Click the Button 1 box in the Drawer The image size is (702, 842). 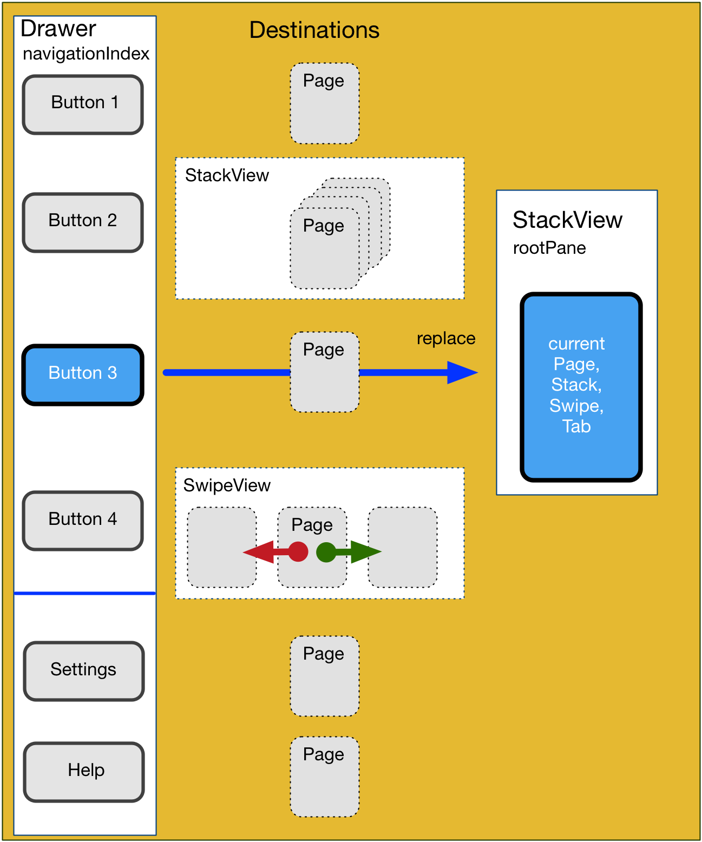click(x=83, y=104)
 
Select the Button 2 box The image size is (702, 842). click(x=83, y=222)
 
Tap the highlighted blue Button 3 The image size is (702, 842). click(x=83, y=374)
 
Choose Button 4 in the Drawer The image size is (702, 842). click(x=83, y=521)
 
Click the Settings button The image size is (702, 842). click(x=84, y=671)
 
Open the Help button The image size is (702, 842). click(x=84, y=772)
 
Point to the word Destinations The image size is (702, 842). click(x=314, y=30)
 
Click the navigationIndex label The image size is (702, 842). click(x=86, y=54)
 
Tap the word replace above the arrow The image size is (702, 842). click(x=445, y=339)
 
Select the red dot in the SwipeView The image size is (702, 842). click(x=298, y=552)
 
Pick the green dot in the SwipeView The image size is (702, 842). click(x=326, y=552)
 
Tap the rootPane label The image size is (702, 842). click(x=549, y=248)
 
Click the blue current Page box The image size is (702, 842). click(x=581, y=387)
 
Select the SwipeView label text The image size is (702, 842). click(x=227, y=485)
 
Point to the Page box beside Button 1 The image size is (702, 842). click(x=324, y=103)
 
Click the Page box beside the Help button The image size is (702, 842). click(x=324, y=777)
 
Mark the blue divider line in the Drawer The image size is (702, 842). click(x=85, y=594)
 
